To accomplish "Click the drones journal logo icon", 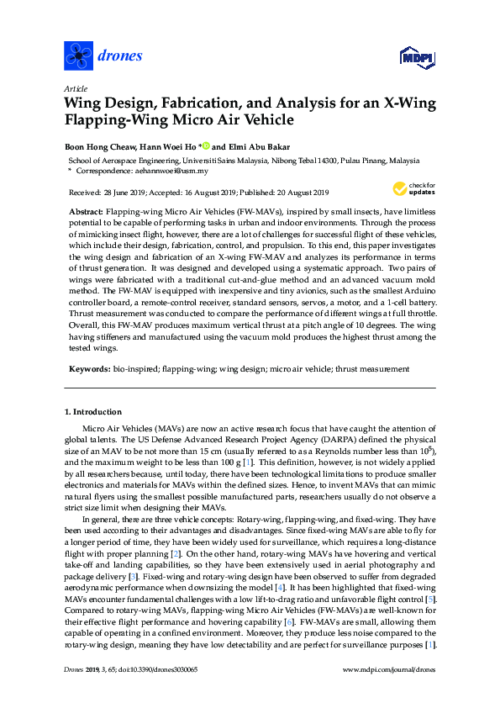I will pyautogui.click(x=78, y=55).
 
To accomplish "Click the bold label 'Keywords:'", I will pyautogui.click(x=88, y=368).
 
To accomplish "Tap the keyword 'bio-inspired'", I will pyautogui.click(x=134, y=368).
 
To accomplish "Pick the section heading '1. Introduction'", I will pyautogui.click(x=92, y=412).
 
